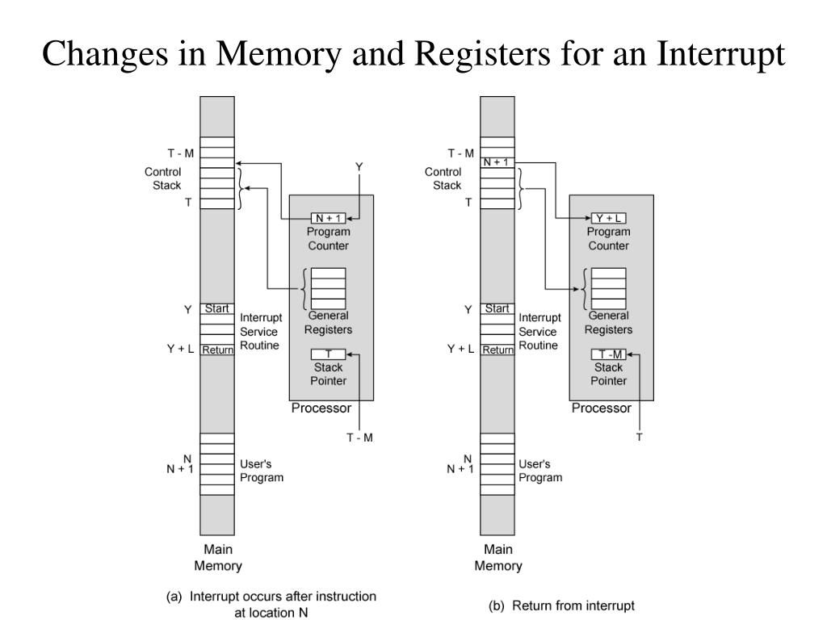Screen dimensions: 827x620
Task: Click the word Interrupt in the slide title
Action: tap(720, 54)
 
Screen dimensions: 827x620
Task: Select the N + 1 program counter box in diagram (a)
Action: tap(328, 218)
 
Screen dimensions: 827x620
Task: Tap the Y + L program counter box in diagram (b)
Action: tap(609, 218)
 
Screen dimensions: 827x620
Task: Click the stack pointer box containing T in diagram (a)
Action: tap(328, 354)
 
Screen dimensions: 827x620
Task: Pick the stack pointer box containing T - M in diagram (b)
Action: tap(609, 354)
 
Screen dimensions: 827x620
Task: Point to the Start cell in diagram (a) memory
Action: tap(216, 308)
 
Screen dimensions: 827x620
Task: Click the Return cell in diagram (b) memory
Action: tap(497, 350)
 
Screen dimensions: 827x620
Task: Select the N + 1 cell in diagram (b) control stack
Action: tap(497, 162)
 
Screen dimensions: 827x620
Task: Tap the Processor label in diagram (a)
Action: tap(321, 408)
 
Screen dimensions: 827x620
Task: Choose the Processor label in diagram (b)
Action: tap(601, 408)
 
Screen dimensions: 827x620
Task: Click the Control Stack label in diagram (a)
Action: tap(163, 178)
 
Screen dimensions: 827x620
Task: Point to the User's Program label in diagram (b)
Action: tap(540, 471)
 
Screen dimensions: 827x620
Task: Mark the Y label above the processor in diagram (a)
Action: tap(359, 167)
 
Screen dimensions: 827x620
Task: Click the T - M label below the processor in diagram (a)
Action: tap(359, 438)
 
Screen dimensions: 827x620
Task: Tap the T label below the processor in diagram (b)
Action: tap(640, 437)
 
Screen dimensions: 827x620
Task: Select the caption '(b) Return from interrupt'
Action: tap(562, 605)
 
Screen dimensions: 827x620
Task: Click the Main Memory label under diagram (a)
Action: tap(218, 557)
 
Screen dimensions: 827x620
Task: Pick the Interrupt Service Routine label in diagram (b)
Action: tap(539, 332)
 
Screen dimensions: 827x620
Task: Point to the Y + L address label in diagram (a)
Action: tap(180, 349)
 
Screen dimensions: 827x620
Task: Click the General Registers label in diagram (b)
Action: tap(608, 323)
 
